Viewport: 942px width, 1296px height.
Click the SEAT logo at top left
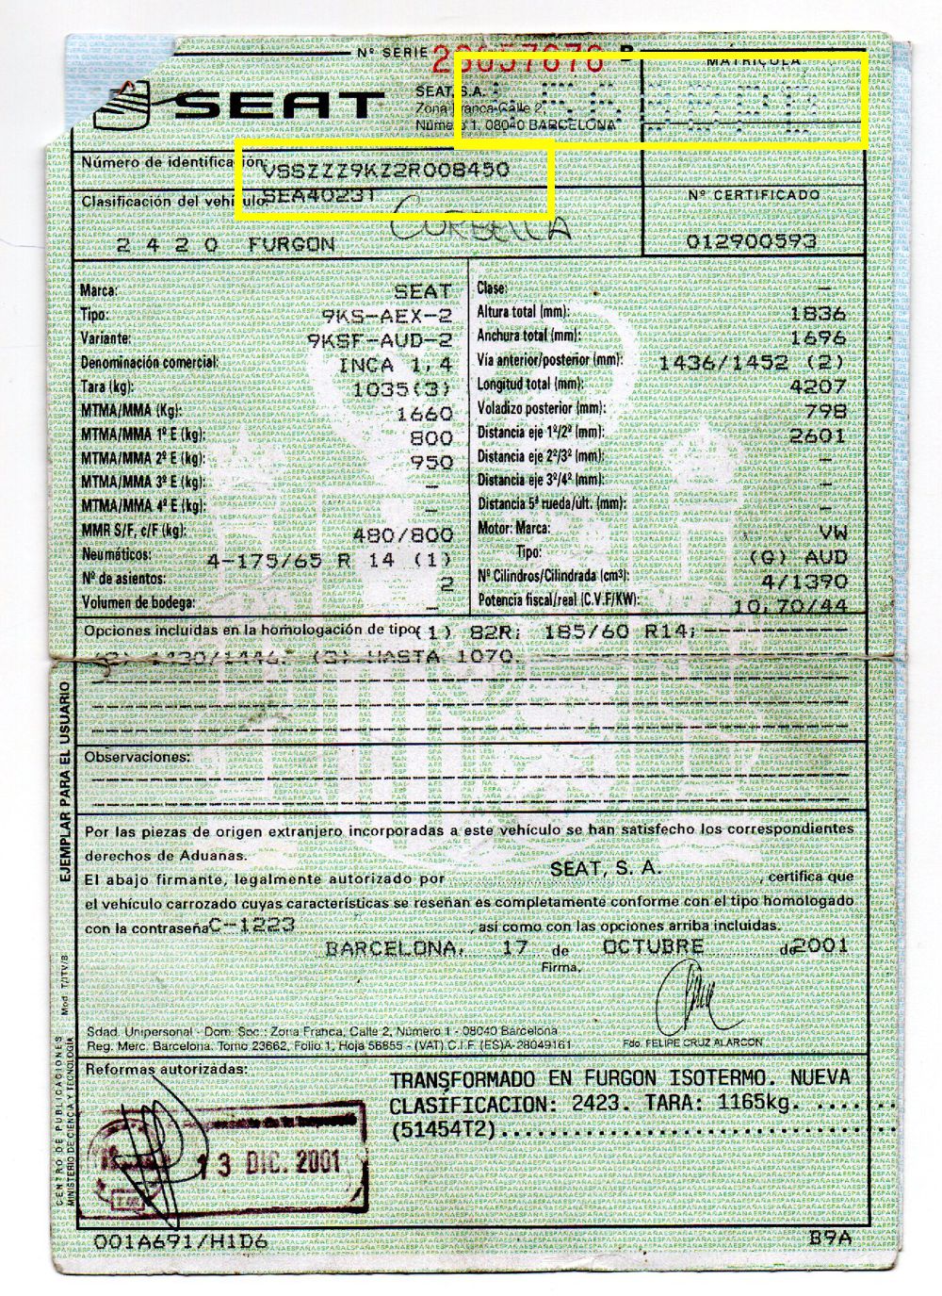click(x=240, y=103)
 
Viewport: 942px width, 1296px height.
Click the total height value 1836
click(x=818, y=314)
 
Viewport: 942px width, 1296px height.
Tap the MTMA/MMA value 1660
click(x=426, y=413)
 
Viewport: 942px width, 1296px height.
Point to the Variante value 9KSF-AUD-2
click(x=380, y=338)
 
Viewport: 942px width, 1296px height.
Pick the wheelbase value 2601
click(x=818, y=435)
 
